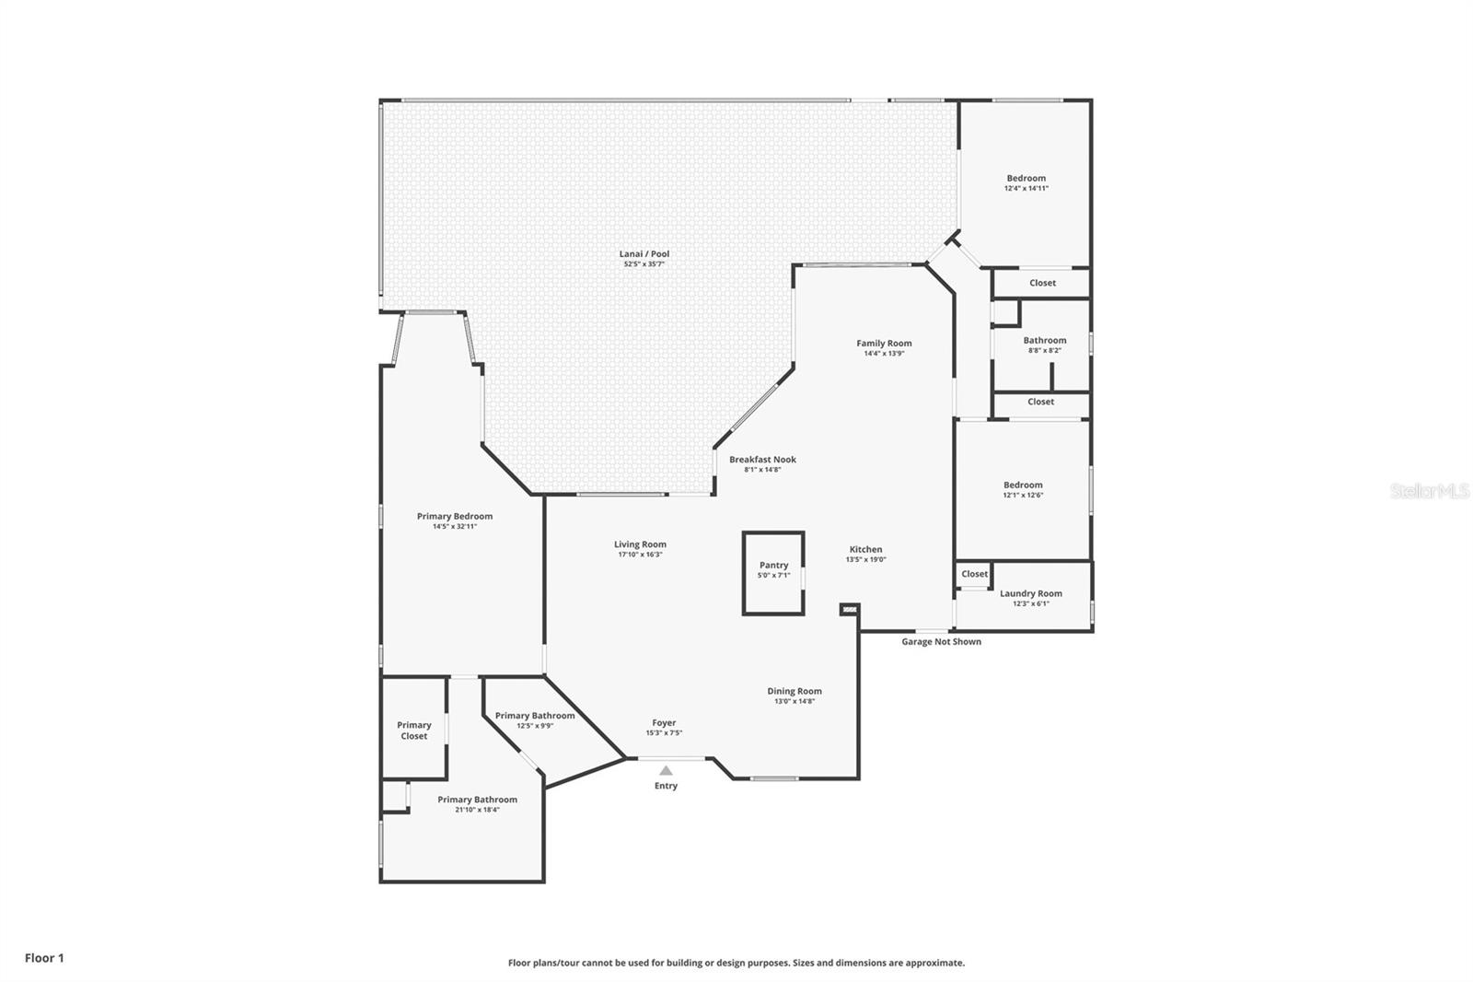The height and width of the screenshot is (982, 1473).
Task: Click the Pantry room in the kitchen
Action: point(773,573)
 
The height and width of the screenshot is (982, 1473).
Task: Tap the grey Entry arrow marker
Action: point(667,770)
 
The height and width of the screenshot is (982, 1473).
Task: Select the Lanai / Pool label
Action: point(644,254)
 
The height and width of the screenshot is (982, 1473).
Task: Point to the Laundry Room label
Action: point(1030,593)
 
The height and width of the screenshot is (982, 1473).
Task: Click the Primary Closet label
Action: point(413,731)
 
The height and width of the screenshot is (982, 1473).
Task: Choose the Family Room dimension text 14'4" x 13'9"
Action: point(884,354)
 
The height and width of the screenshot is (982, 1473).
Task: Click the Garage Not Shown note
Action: point(941,642)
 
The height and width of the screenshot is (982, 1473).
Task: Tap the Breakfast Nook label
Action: point(762,460)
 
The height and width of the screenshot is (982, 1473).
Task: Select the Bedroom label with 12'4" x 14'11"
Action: point(1026,179)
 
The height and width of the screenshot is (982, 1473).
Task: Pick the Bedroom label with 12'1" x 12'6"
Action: point(1023,485)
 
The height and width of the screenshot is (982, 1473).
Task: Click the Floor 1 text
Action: point(44,958)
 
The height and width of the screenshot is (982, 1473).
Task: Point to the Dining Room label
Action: point(794,691)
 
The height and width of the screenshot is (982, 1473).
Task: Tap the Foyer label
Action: point(664,722)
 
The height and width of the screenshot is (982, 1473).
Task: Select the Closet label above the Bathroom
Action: point(1042,283)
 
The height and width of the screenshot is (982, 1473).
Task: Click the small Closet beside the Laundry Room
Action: point(974,574)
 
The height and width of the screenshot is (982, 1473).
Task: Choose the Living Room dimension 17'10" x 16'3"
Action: point(640,555)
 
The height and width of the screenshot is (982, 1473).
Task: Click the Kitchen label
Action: point(865,550)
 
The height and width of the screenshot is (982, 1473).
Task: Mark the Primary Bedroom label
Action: point(455,517)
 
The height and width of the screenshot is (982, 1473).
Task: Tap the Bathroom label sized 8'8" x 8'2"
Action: point(1044,340)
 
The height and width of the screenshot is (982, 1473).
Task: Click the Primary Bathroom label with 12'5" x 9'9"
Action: point(535,716)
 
